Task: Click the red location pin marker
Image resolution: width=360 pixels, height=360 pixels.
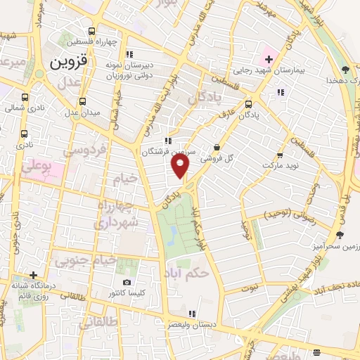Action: (x=181, y=166)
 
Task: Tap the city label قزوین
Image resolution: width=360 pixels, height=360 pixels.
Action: (x=68, y=61)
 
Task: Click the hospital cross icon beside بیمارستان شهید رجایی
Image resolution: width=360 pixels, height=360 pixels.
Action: (x=269, y=56)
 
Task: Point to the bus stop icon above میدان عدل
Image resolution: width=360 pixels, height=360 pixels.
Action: (x=83, y=101)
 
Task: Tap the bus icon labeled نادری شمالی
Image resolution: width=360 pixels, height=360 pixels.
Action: (x=25, y=98)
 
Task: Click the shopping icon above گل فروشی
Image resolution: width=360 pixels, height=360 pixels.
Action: (x=216, y=148)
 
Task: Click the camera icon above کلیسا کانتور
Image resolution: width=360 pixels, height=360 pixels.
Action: (x=127, y=282)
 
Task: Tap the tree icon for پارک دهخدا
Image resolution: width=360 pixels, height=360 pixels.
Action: (x=345, y=69)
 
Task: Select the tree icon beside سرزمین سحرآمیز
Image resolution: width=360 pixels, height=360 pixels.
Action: (x=340, y=235)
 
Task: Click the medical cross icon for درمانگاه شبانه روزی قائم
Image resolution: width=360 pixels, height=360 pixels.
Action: (x=33, y=275)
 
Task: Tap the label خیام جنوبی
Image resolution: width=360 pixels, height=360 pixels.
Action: (x=80, y=262)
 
